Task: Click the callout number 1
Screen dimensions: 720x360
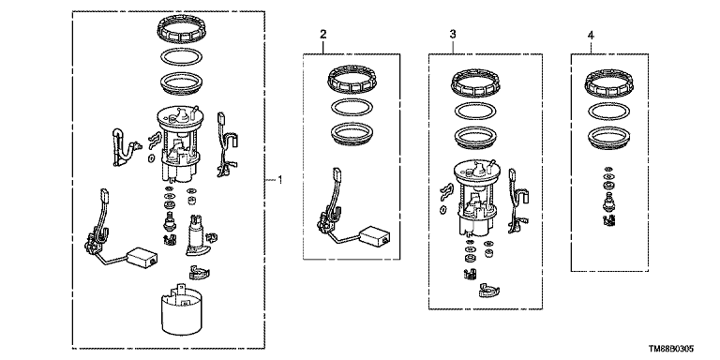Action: click(x=279, y=180)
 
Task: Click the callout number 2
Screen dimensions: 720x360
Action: click(x=323, y=34)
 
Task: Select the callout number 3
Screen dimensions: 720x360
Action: click(x=453, y=34)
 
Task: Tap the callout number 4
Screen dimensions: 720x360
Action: click(x=591, y=35)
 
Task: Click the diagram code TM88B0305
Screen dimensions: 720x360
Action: click(x=671, y=350)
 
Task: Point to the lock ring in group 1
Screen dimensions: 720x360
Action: click(x=180, y=27)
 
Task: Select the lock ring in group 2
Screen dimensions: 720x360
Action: click(x=350, y=78)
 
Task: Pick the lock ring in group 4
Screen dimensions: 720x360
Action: click(x=608, y=82)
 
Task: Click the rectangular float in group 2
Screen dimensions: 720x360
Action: click(x=375, y=235)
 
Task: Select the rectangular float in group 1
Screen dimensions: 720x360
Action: click(x=142, y=257)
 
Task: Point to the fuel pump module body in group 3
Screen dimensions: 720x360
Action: click(x=475, y=198)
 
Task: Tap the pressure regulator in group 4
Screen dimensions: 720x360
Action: click(x=608, y=202)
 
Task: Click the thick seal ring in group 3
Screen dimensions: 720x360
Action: click(x=474, y=137)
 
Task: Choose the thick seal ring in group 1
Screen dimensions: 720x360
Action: click(x=181, y=83)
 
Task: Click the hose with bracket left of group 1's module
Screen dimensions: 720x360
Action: click(x=122, y=147)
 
